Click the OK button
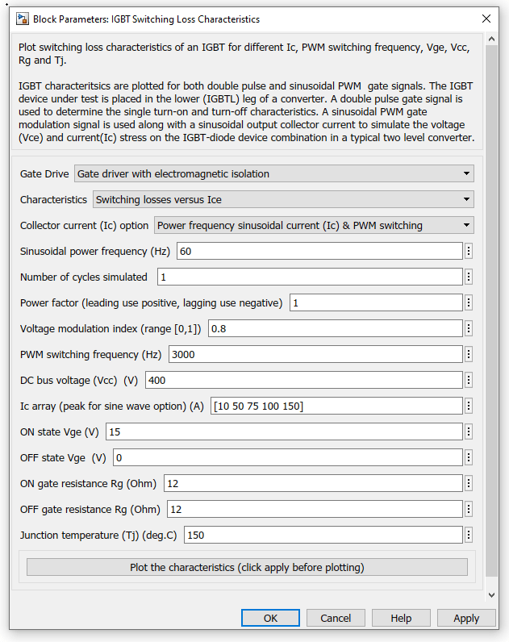(x=270, y=618)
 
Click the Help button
(x=401, y=618)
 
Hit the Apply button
(x=466, y=618)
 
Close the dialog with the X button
(x=486, y=18)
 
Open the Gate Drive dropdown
(x=273, y=173)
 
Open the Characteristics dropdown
(x=283, y=199)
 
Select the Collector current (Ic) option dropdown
(x=314, y=225)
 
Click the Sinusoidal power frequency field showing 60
(x=319, y=251)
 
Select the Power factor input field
(x=375, y=302)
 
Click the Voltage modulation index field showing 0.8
(x=335, y=328)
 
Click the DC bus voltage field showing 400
(x=303, y=380)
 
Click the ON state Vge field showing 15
(x=283, y=431)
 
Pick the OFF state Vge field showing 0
(x=287, y=457)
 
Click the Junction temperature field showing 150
(x=323, y=535)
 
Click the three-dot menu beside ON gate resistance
(x=469, y=483)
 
